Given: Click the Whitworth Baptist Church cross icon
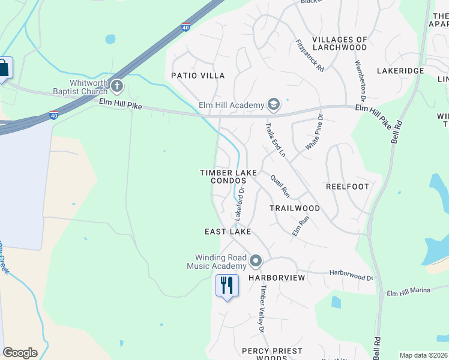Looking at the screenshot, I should (x=116, y=87).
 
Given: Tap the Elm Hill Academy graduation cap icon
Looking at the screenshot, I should (x=274, y=105).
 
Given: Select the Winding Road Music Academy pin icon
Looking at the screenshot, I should (x=256, y=261).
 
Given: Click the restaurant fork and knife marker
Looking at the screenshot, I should (x=227, y=285).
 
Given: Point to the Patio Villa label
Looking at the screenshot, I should (x=198, y=76).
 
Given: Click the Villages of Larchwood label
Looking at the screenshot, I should (x=340, y=43).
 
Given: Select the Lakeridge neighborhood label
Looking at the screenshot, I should (x=400, y=71).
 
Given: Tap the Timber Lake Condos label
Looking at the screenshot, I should (x=228, y=176).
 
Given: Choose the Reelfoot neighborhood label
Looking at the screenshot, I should (x=348, y=187).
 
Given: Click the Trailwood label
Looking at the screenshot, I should (x=295, y=208).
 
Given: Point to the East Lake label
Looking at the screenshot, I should (x=228, y=232).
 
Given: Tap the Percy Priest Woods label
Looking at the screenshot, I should (x=272, y=354).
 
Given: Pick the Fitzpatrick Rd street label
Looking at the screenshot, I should (x=310, y=56).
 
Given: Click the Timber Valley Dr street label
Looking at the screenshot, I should (x=262, y=308).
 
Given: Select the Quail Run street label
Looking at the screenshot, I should (x=280, y=186).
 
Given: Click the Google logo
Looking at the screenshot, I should (x=20, y=353).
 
